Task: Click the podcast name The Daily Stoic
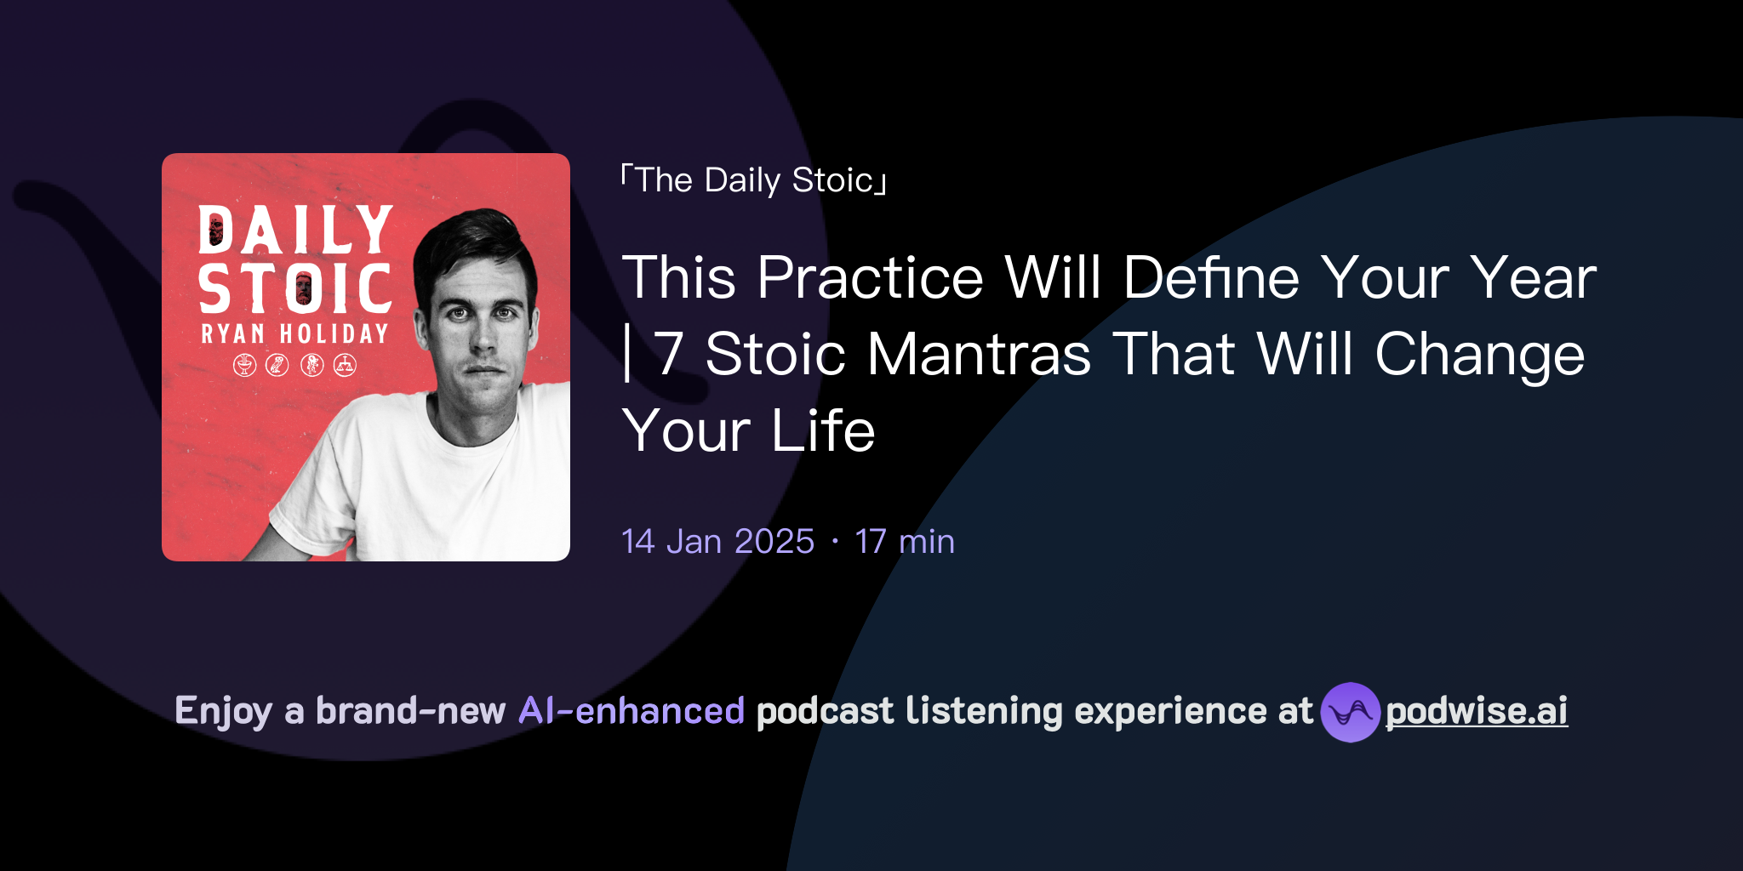pyautogui.click(x=754, y=180)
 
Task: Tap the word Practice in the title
pyautogui.click(x=870, y=278)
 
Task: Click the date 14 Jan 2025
pyautogui.click(x=717, y=542)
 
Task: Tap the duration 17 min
pyautogui.click(x=904, y=542)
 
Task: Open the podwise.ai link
pyautogui.click(x=1476, y=711)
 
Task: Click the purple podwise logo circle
pyautogui.click(x=1350, y=712)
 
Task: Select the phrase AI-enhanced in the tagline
pyautogui.click(x=631, y=711)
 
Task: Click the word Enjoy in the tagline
pyautogui.click(x=223, y=711)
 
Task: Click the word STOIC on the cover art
pyautogui.click(x=295, y=288)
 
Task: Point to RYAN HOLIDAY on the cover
pyautogui.click(x=294, y=333)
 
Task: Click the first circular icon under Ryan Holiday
pyautogui.click(x=245, y=365)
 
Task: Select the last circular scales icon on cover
pyautogui.click(x=345, y=365)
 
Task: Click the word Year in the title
pyautogui.click(x=1534, y=278)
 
